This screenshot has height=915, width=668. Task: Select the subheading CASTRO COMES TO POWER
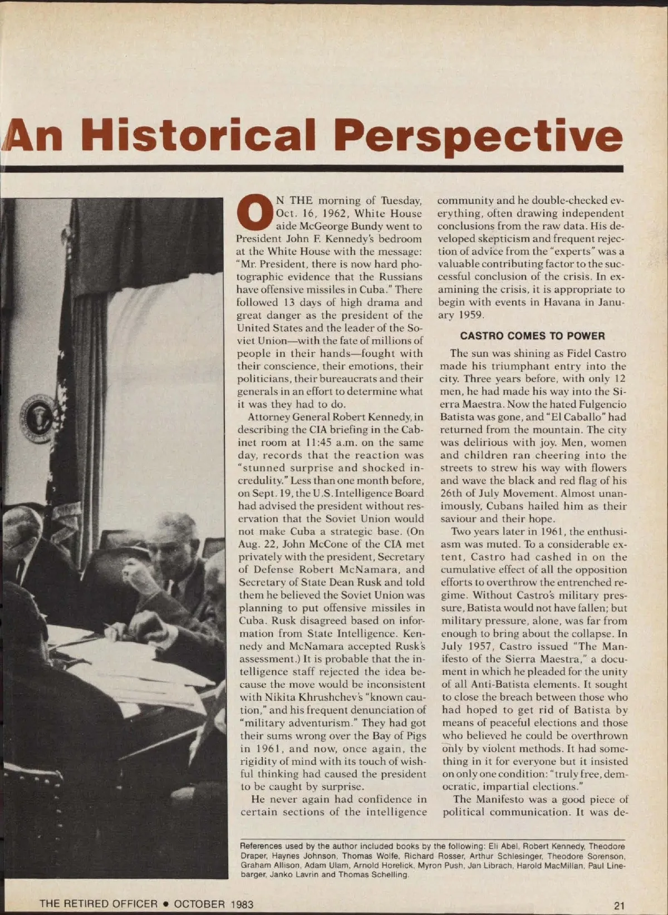[x=532, y=336]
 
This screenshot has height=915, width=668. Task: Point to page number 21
[x=619, y=905]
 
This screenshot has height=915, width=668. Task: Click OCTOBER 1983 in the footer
[x=213, y=904]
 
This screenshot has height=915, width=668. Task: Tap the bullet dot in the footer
[x=165, y=904]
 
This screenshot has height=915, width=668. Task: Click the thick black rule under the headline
[x=312, y=168]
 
